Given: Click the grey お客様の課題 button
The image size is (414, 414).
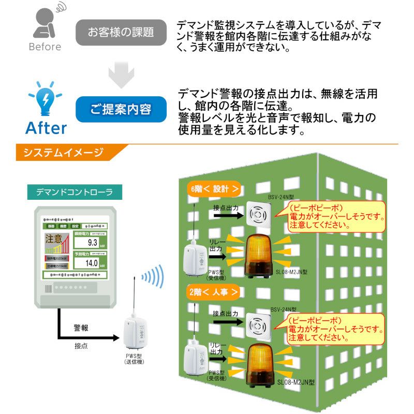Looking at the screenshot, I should (x=121, y=32).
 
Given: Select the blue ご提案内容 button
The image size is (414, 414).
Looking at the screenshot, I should (x=121, y=109).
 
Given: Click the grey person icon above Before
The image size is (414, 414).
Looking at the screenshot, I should (x=45, y=23).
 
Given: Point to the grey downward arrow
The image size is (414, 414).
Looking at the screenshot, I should (x=122, y=71).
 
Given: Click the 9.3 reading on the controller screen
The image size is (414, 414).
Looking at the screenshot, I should (x=93, y=242).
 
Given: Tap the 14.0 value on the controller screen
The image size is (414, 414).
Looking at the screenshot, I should (x=92, y=262).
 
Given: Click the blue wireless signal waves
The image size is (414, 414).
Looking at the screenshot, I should (x=153, y=278).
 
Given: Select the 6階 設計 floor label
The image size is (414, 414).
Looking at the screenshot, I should (x=214, y=189).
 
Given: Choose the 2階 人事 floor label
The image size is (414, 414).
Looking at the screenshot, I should (x=214, y=292).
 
